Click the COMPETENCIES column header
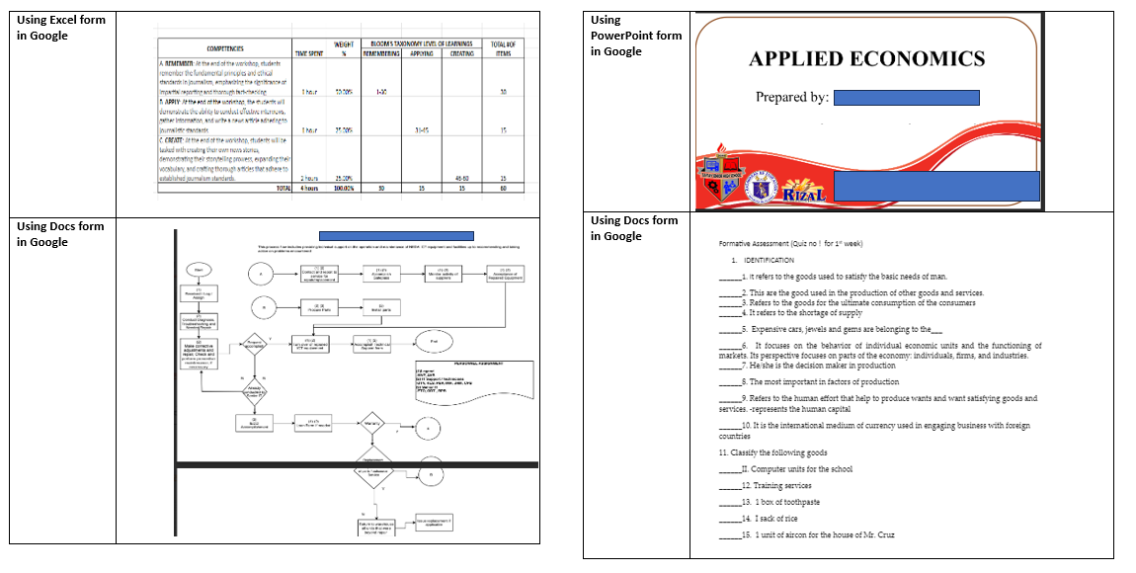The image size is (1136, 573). [225, 48]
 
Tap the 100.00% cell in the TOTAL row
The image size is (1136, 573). [344, 187]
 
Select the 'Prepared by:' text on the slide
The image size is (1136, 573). [792, 98]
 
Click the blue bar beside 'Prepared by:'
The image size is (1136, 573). [906, 98]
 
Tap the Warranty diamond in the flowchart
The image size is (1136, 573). [372, 425]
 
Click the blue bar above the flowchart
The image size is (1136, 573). [396, 236]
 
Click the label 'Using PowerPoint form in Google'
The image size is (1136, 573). [636, 36]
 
